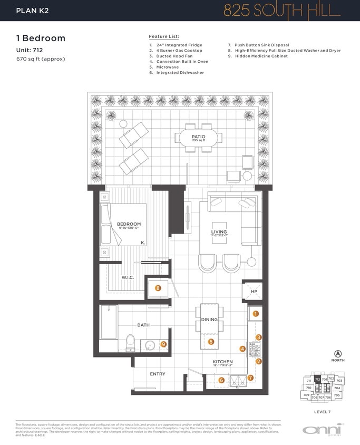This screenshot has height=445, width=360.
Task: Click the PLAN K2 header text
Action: tap(33, 11)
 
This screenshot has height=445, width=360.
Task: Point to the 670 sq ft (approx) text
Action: tap(41, 59)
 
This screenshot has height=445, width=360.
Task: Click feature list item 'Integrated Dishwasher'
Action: tap(180, 73)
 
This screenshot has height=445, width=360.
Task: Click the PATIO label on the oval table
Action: tap(191, 137)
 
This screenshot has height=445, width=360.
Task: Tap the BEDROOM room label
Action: tap(129, 224)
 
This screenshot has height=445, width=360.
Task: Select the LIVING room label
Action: tap(219, 231)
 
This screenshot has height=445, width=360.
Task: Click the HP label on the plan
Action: tap(254, 292)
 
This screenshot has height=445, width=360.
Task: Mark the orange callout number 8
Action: tap(158, 288)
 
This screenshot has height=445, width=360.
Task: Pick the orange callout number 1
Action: tap(256, 313)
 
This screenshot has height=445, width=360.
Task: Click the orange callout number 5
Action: tap(211, 342)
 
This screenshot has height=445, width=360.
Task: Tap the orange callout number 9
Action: tap(164, 345)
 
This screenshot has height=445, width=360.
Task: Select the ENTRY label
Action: tap(158, 374)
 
